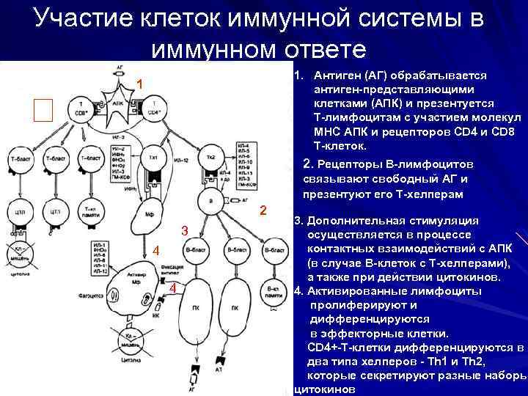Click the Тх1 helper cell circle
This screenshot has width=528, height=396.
pyautogui.click(x=154, y=158)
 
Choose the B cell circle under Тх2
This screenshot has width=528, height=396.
pyautogui.click(x=210, y=200)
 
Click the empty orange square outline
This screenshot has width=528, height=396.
pyautogui.click(x=44, y=110)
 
